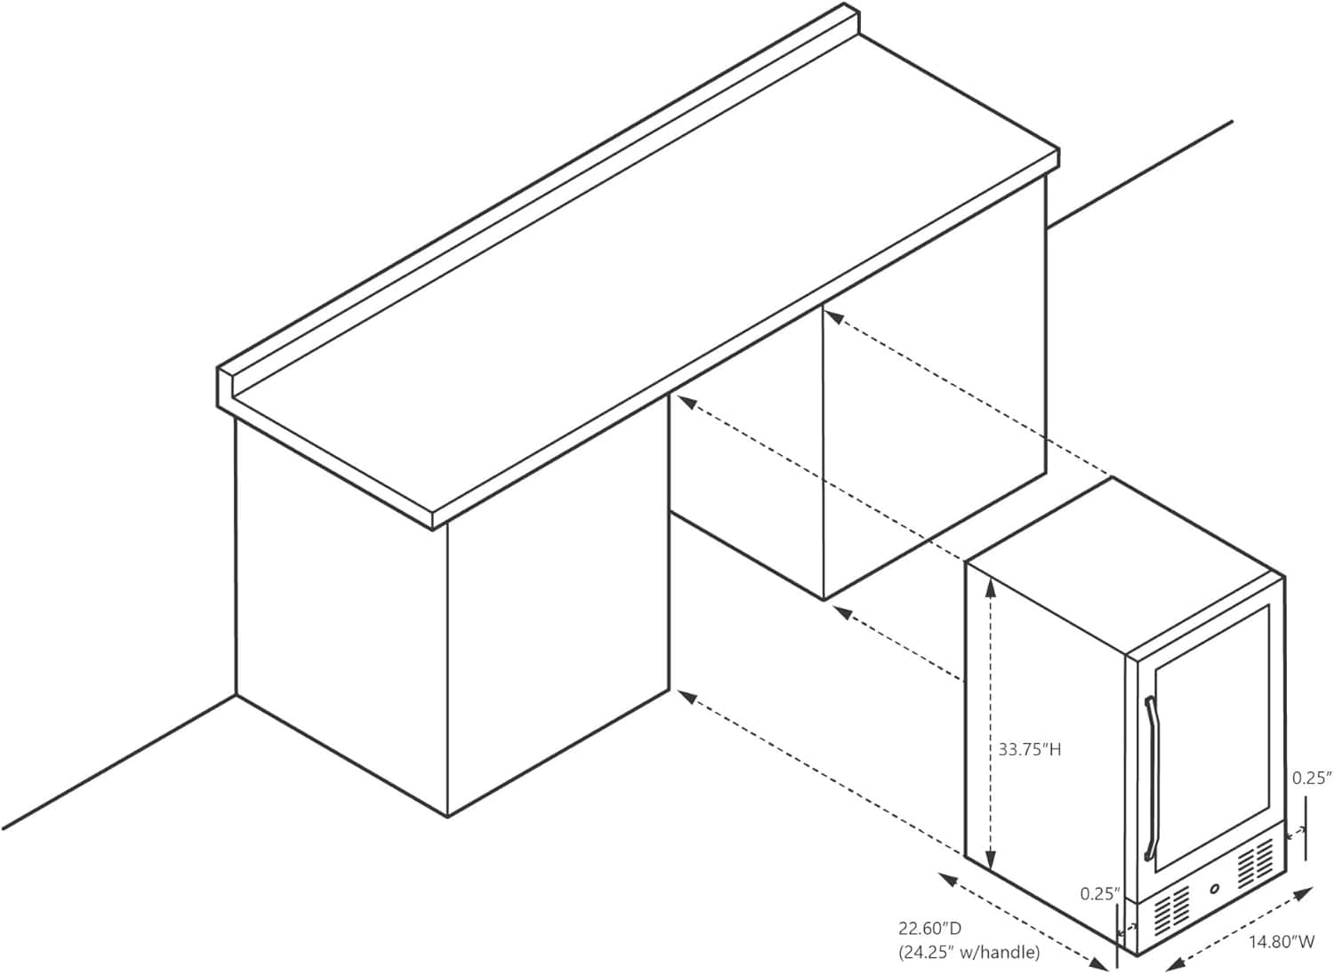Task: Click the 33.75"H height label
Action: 1030,749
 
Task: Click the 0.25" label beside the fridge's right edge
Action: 1311,778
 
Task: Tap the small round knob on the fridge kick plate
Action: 1215,906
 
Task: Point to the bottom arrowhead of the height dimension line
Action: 991,860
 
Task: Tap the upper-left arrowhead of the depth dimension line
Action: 947,877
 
